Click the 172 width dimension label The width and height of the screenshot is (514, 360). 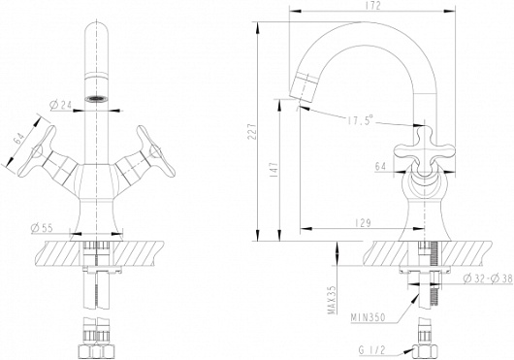pyautogui.click(x=372, y=6)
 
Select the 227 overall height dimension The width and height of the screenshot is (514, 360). pyautogui.click(x=252, y=131)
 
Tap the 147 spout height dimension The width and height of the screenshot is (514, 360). pyautogui.click(x=274, y=169)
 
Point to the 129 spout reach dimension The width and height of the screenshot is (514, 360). pyautogui.click(x=363, y=223)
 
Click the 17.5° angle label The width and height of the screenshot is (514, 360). pyautogui.click(x=360, y=120)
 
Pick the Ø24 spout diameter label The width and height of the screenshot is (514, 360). pyautogui.click(x=60, y=105)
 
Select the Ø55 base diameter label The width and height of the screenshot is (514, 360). pyautogui.click(x=42, y=228)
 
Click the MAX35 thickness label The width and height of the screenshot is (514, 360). pyautogui.click(x=333, y=300)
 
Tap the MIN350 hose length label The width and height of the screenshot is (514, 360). pyautogui.click(x=369, y=317)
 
